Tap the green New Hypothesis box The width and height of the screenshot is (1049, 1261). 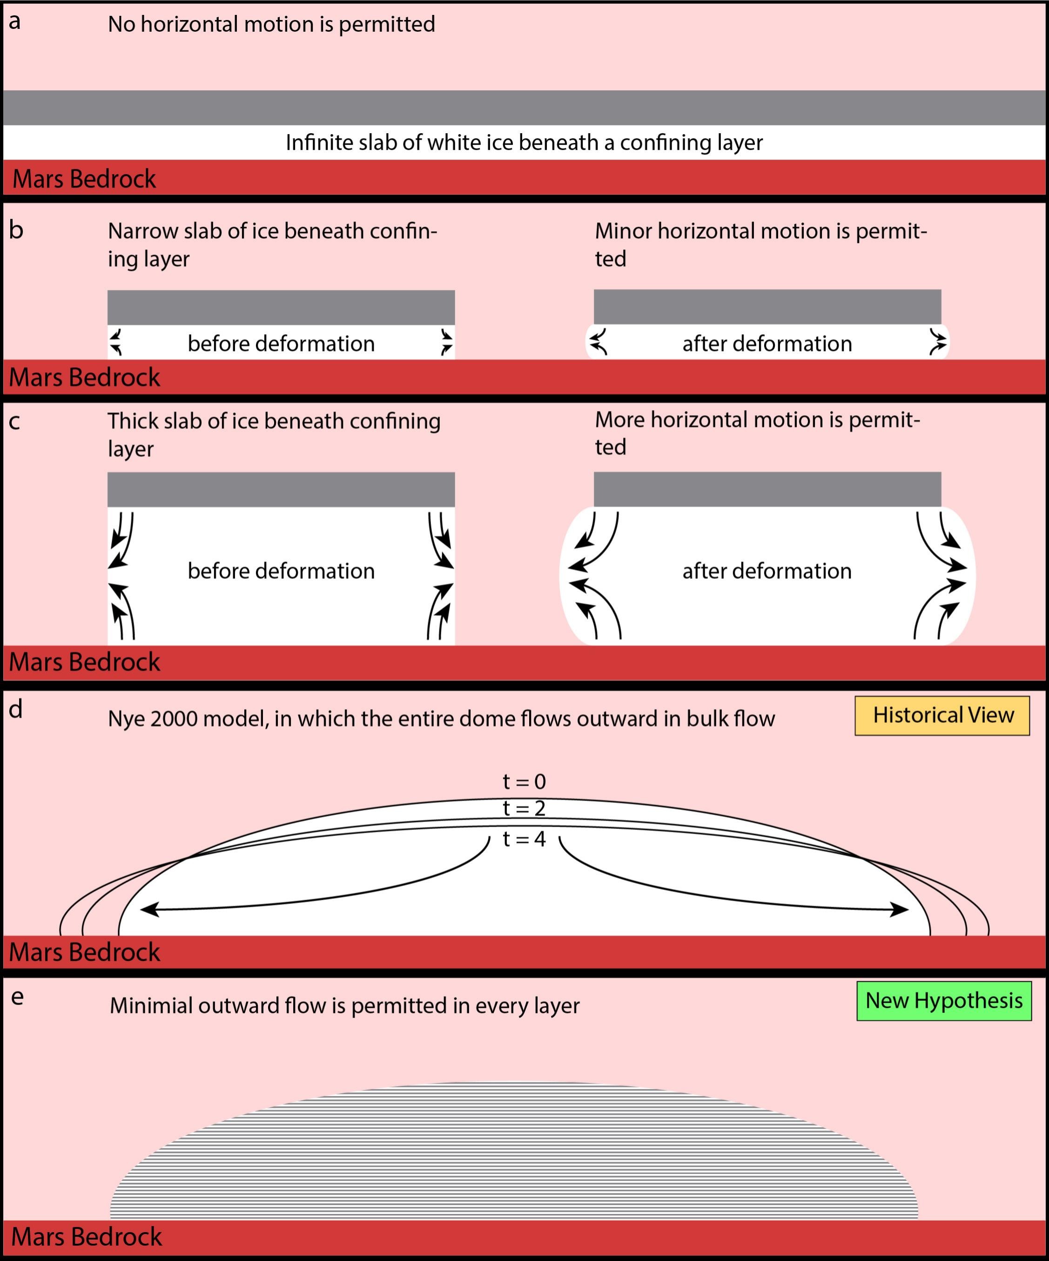tap(943, 1001)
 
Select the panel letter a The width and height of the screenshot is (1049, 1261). tap(14, 21)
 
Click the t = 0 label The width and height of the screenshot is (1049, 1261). tap(524, 781)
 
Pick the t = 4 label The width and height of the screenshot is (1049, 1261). tap(524, 839)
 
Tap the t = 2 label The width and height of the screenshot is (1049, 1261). tap(524, 808)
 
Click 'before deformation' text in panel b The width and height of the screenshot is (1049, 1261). tap(281, 344)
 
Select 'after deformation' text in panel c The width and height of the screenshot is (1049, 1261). tap(767, 571)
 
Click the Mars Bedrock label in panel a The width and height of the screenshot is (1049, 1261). tap(84, 179)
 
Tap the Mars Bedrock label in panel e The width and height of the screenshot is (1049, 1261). tap(87, 1237)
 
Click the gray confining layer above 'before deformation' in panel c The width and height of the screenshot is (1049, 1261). tap(281, 489)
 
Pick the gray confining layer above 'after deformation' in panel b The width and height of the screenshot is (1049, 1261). tap(767, 307)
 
